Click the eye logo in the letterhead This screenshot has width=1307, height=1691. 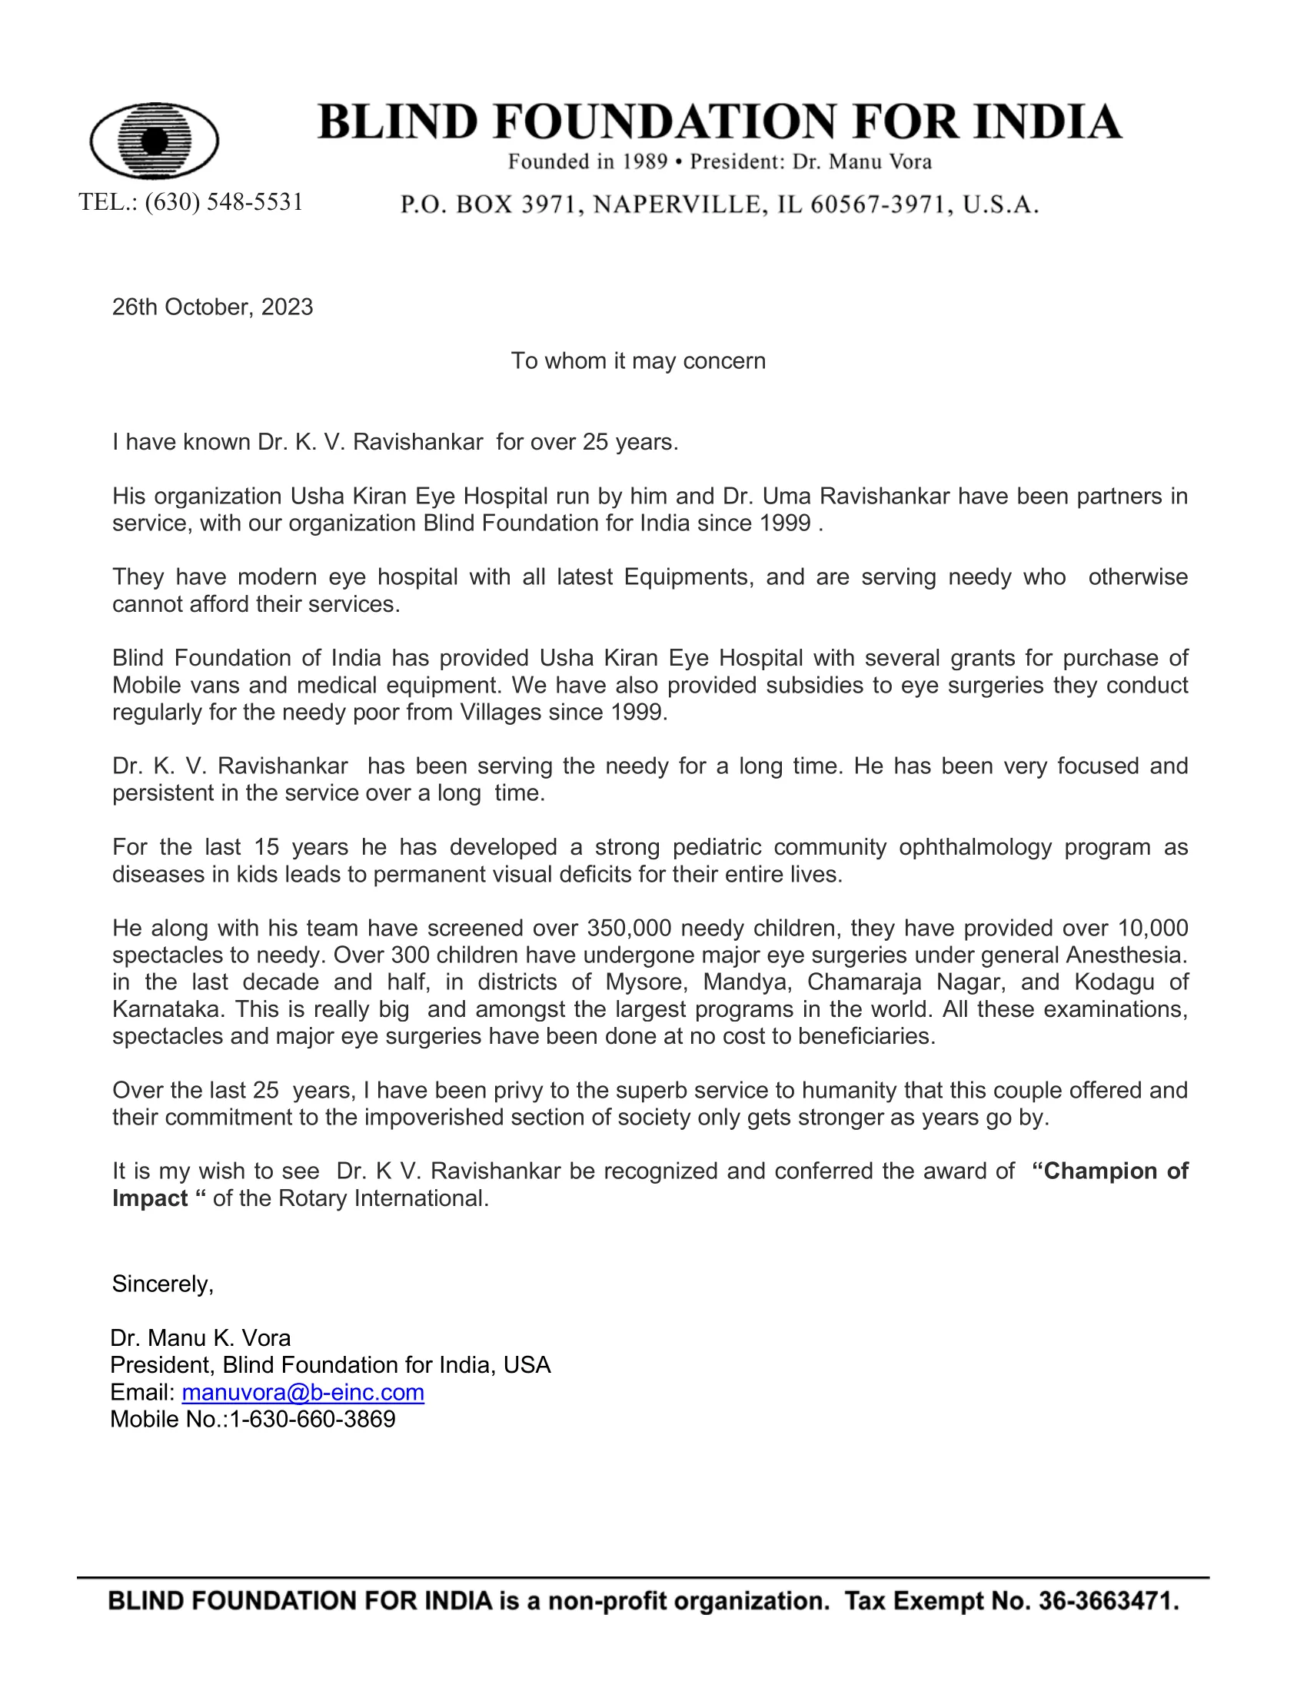click(154, 140)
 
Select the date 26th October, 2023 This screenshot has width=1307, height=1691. click(212, 307)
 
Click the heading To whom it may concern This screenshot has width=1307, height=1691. click(638, 360)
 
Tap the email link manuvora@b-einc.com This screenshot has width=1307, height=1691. click(303, 1392)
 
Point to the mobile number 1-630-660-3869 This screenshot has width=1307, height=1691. click(313, 1419)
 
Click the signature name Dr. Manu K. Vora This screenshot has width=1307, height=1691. click(201, 1338)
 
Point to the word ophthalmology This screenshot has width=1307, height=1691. click(975, 847)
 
